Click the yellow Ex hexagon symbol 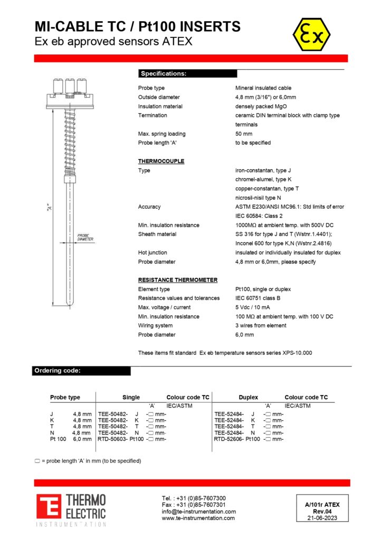(x=311, y=35)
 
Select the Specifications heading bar (x=187, y=74)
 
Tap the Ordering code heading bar (x=82, y=371)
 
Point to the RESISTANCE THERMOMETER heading (x=178, y=280)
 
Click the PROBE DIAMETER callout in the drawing (x=85, y=238)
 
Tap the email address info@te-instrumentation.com (x=199, y=512)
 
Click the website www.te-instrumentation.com (x=198, y=518)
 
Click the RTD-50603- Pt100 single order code (x=121, y=439)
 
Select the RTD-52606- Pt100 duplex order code (x=237, y=439)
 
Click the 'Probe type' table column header (x=65, y=398)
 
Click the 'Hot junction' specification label (x=152, y=253)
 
